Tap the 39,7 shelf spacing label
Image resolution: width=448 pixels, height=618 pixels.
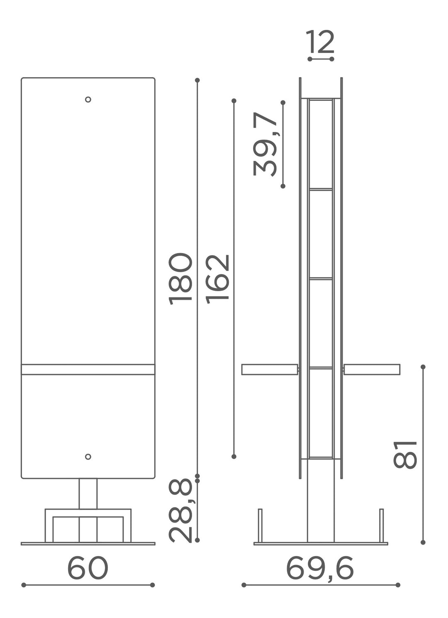click(x=265, y=144)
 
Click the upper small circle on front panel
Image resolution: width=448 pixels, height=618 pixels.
click(x=88, y=100)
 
